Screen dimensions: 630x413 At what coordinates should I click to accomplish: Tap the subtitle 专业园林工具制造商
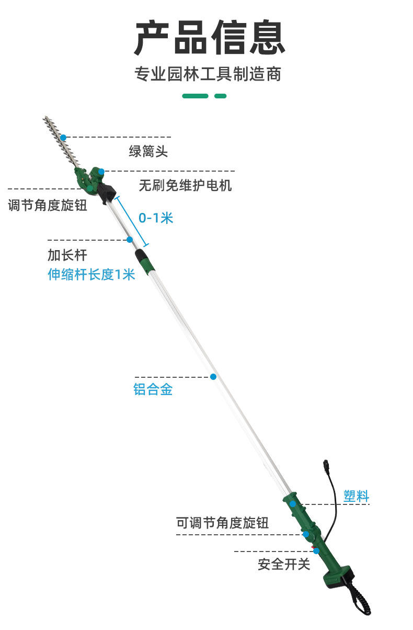208,74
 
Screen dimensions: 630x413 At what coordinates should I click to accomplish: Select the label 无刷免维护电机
185,185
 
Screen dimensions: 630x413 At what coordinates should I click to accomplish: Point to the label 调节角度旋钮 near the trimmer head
47,205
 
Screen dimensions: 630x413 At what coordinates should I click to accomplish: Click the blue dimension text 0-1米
155,218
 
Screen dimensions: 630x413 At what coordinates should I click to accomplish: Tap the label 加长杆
67,255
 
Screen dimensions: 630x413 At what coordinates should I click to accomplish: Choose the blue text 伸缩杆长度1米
91,274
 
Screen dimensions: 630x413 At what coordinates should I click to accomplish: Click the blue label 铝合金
153,390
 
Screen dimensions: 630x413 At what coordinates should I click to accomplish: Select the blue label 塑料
356,496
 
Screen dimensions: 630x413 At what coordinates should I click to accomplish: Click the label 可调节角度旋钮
222,523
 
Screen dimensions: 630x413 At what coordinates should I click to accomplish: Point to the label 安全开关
284,564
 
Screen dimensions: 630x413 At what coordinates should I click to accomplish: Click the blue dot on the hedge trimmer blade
63,137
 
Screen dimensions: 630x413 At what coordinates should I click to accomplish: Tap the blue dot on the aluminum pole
213,377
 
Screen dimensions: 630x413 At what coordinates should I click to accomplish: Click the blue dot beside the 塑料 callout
293,503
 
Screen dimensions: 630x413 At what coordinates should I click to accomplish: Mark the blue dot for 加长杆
130,240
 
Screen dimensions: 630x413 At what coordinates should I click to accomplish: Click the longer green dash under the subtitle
195,96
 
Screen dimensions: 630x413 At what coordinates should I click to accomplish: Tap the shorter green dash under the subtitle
221,96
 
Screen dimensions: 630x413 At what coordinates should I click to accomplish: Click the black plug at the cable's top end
327,465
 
